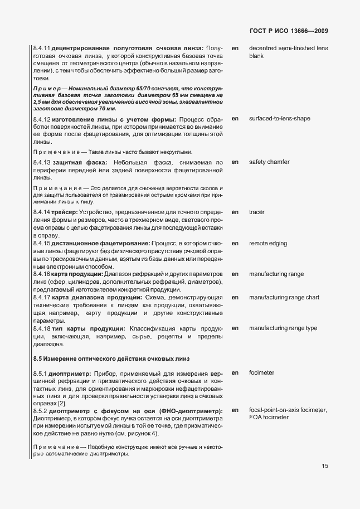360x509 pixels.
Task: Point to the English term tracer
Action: pos(257,212)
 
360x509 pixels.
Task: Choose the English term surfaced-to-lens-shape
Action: pos(288,119)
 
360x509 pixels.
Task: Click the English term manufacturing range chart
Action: pos(284,297)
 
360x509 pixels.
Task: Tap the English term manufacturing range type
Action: pos(283,328)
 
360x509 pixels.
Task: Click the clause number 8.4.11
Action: pos(42,48)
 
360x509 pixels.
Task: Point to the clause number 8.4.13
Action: pos(42,162)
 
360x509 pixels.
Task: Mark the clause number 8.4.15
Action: pos(42,244)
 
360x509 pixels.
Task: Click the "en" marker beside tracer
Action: pos(235,212)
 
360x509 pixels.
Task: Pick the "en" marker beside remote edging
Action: pos(235,244)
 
